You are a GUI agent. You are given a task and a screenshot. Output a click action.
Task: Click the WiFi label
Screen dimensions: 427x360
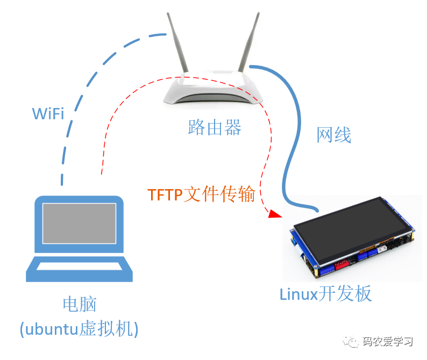pos(48,113)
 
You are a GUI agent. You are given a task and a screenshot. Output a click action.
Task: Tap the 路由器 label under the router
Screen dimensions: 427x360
pos(215,127)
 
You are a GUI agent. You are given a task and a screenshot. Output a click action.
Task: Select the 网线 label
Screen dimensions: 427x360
pos(333,135)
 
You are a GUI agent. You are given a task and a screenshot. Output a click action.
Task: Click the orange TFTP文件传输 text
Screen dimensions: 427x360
pos(201,194)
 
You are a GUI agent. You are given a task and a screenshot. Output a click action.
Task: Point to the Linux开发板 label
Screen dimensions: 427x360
pos(326,294)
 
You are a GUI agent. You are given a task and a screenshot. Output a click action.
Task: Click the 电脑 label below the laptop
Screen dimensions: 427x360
pos(80,304)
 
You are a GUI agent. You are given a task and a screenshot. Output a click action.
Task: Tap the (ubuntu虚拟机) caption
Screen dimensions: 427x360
pos(79,329)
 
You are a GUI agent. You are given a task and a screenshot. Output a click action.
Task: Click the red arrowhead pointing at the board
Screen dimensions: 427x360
pos(275,214)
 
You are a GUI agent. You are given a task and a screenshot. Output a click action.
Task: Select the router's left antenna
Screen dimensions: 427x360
pos(177,42)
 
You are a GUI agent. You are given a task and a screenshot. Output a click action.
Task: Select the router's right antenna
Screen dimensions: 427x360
pos(249,42)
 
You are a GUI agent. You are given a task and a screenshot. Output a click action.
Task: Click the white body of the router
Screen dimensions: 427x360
pos(212,89)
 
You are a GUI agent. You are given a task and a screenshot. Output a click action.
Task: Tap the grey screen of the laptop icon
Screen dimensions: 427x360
pos(79,224)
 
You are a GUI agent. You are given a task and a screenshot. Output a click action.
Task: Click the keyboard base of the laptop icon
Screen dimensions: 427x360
pos(79,269)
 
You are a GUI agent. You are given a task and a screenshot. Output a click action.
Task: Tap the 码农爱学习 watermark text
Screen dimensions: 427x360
pos(388,341)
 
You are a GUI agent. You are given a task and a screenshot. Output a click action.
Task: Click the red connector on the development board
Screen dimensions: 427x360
pos(341,264)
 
